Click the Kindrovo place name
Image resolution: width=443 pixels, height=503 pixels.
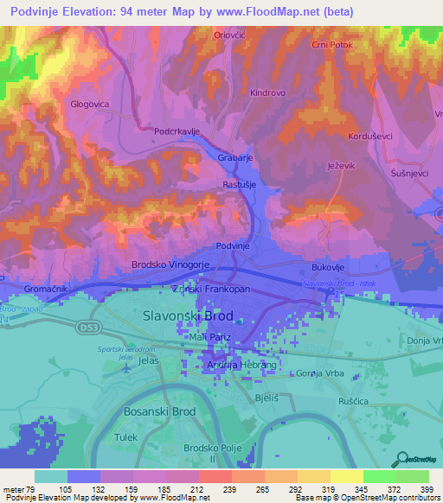(268, 92)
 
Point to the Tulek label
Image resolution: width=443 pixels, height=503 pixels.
(126, 437)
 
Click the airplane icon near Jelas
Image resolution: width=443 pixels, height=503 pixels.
(128, 366)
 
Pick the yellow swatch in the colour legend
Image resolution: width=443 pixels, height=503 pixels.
(346, 476)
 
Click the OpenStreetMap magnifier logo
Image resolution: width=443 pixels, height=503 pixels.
(402, 460)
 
